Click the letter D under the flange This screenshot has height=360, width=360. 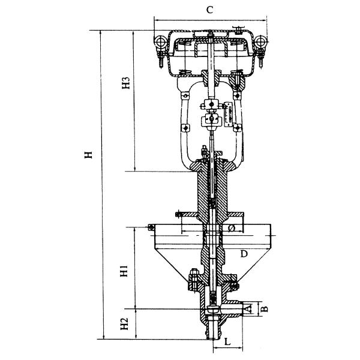tap(244, 254)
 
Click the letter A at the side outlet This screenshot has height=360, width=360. tap(247, 308)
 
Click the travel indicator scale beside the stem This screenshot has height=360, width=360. tap(229, 112)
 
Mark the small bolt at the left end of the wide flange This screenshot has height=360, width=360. tap(151, 226)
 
